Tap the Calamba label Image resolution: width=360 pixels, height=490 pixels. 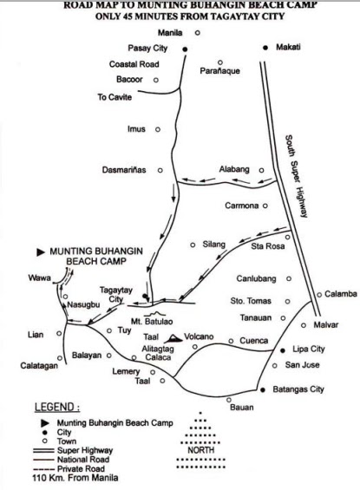[x=342, y=294]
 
